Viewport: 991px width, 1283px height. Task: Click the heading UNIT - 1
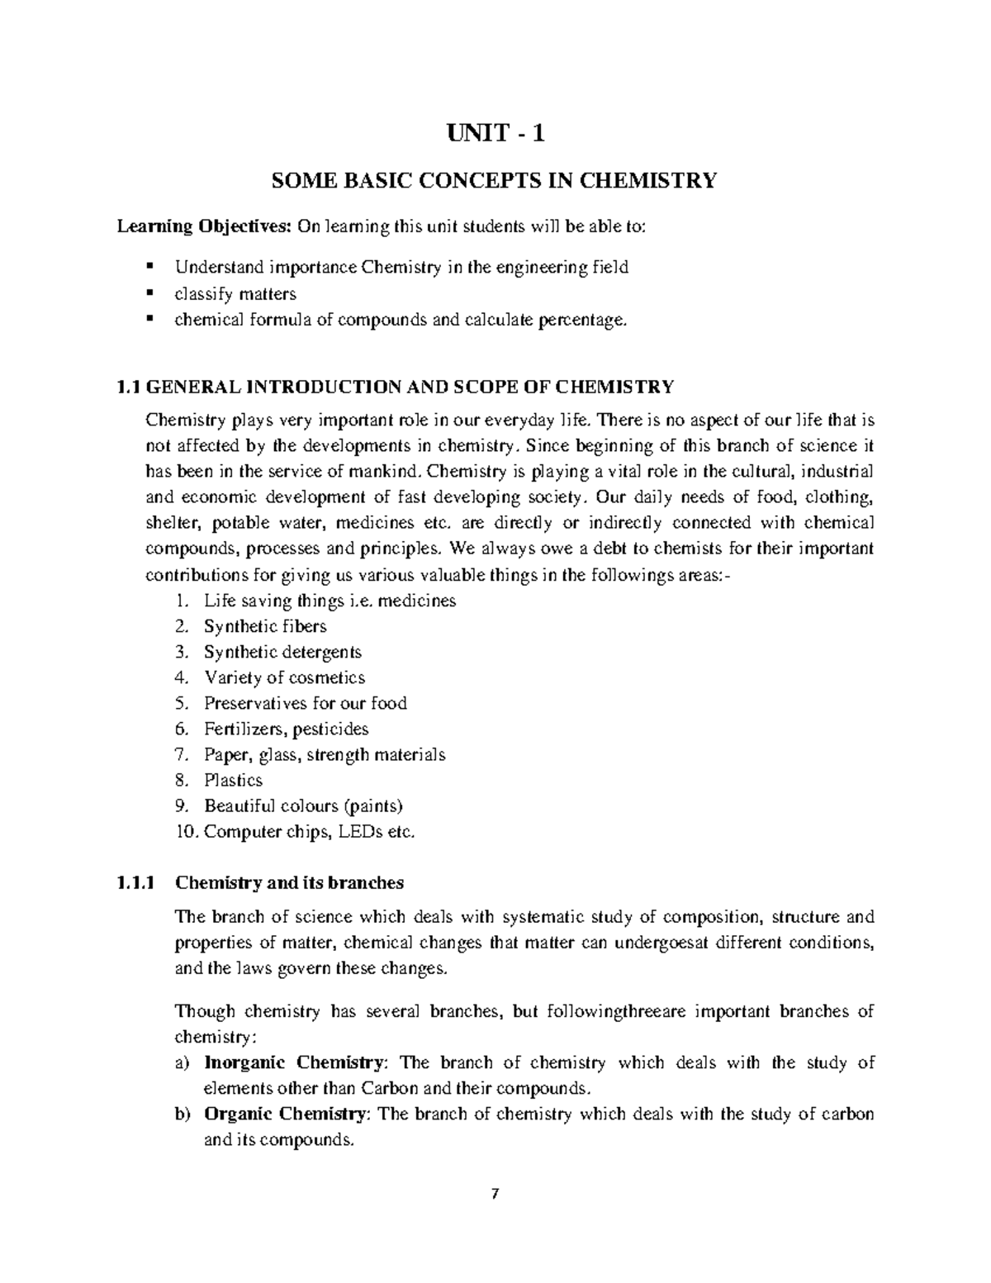click(x=495, y=133)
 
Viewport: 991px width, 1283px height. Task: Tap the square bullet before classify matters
click(x=149, y=293)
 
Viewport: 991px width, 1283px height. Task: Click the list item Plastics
click(x=234, y=780)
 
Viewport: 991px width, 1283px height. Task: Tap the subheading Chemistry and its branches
click(x=289, y=882)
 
